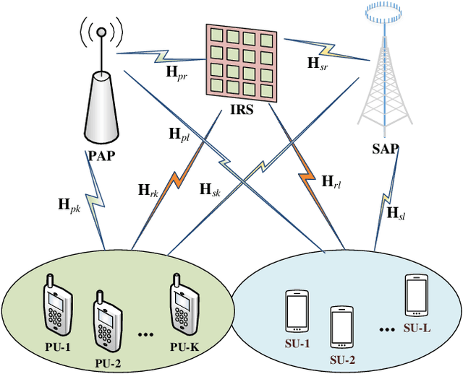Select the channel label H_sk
(211, 191)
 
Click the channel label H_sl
(396, 212)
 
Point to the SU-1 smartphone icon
(297, 309)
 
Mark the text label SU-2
(343, 360)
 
